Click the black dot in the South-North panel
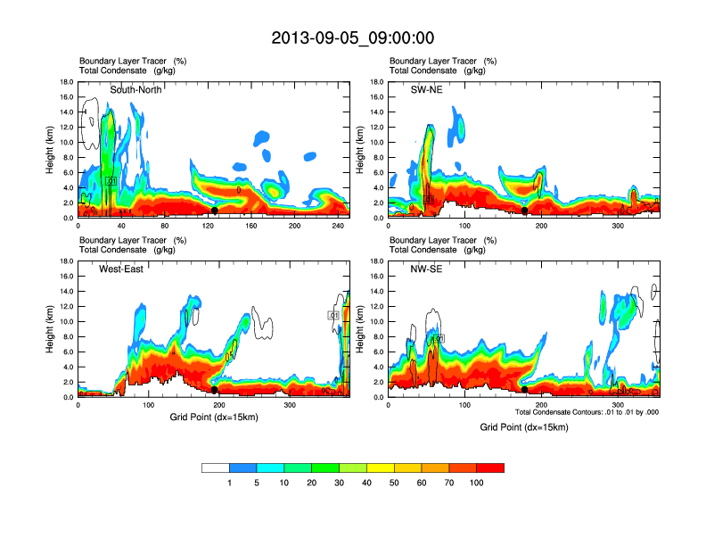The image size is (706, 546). [215, 211]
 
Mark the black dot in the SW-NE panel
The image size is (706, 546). [525, 211]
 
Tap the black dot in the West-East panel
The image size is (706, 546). [215, 390]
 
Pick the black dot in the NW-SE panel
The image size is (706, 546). [525, 390]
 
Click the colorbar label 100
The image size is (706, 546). [477, 483]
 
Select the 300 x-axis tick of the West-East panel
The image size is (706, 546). [290, 406]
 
